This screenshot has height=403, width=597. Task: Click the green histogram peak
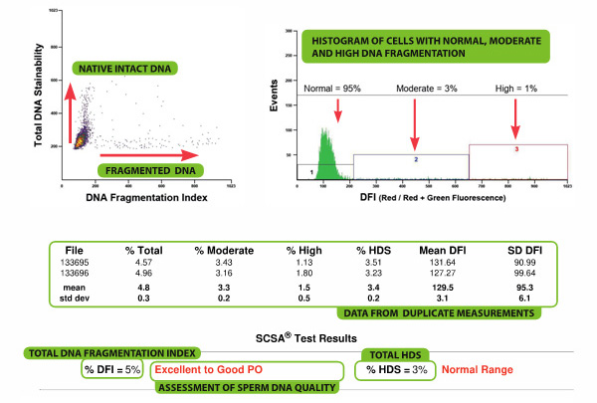[320, 149]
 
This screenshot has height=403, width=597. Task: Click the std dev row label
[83, 296]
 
